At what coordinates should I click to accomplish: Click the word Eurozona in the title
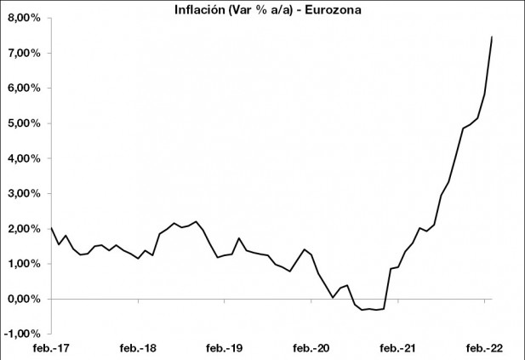pyautogui.click(x=325, y=9)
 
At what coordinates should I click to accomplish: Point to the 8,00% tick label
pyautogui.click(x=24, y=18)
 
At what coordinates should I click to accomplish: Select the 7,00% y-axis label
pyautogui.click(x=24, y=53)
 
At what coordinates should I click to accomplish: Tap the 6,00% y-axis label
pyautogui.click(x=24, y=88)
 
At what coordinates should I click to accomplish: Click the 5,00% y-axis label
pyautogui.click(x=24, y=123)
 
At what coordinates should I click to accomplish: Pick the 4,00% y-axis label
pyautogui.click(x=24, y=158)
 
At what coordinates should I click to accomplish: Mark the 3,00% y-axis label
pyautogui.click(x=24, y=194)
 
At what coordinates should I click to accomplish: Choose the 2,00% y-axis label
pyautogui.click(x=24, y=229)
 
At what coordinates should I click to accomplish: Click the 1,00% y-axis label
pyautogui.click(x=24, y=264)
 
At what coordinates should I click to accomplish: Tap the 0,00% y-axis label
pyautogui.click(x=24, y=300)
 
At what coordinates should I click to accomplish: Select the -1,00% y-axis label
pyautogui.click(x=22, y=334)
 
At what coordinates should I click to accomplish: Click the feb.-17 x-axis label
pyautogui.click(x=51, y=349)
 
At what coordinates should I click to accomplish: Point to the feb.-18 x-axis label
pyautogui.click(x=139, y=349)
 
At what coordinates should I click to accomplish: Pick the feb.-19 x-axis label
pyautogui.click(x=225, y=349)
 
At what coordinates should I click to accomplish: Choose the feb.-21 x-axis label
pyautogui.click(x=398, y=349)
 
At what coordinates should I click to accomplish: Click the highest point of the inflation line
pyautogui.click(x=492, y=37)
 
